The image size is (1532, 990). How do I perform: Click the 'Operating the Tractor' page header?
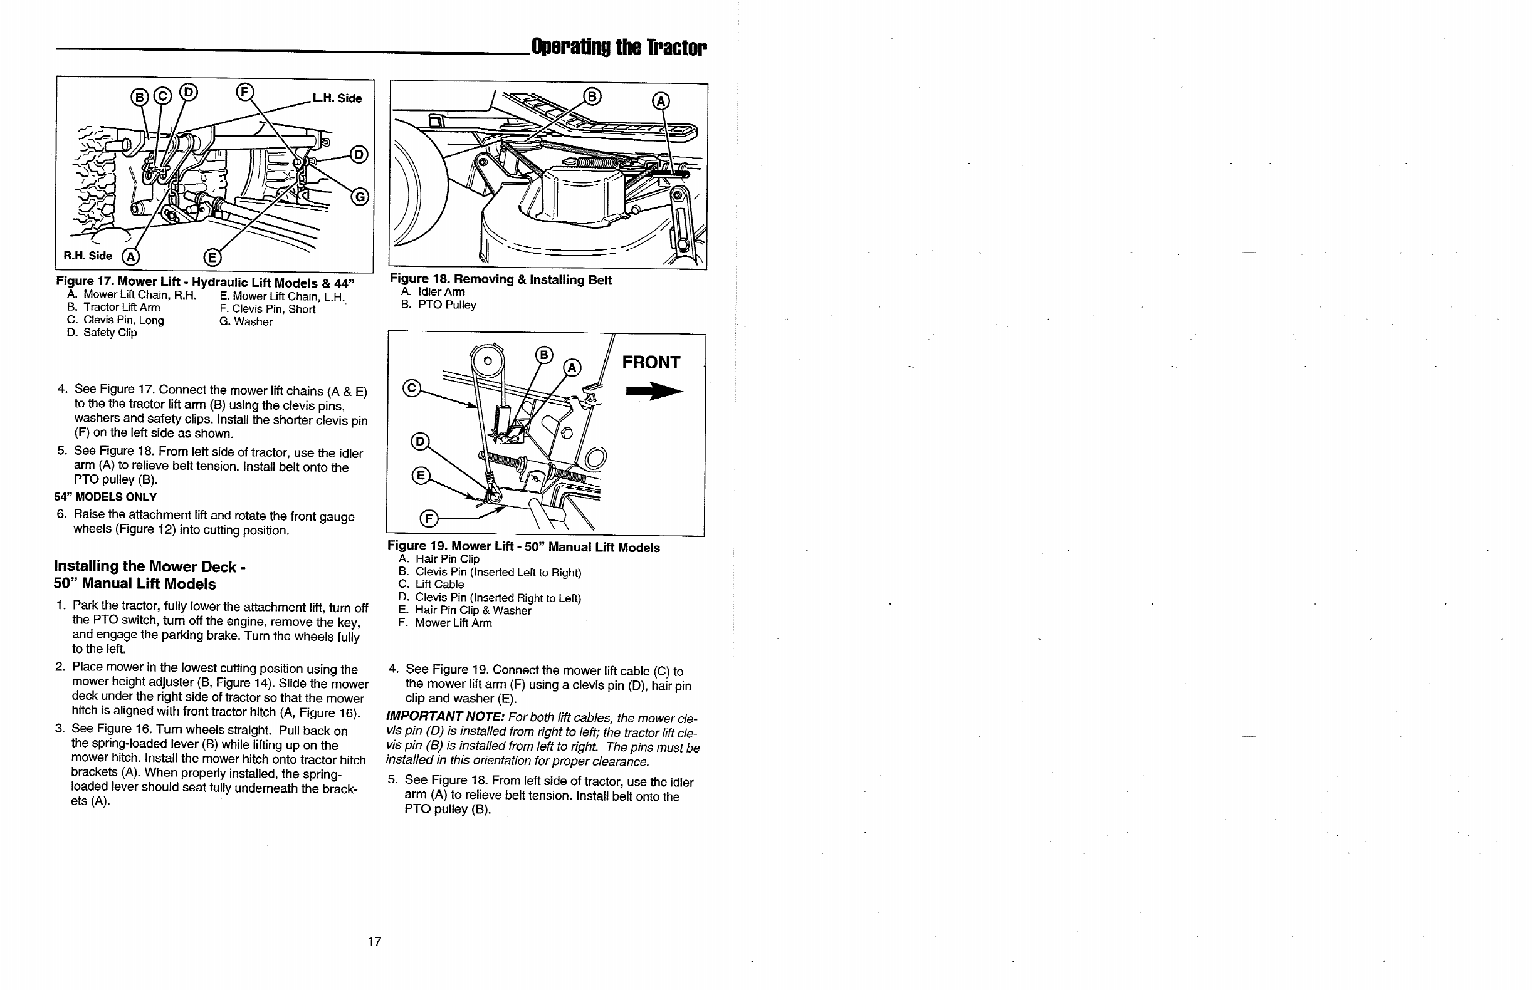pos(619,47)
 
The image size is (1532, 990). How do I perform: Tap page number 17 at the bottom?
pos(374,941)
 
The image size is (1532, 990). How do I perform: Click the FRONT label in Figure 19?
pos(651,363)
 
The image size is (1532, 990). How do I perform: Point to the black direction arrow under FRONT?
pos(654,392)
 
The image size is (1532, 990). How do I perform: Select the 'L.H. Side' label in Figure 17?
pos(337,98)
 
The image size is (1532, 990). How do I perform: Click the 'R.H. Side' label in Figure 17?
pos(88,256)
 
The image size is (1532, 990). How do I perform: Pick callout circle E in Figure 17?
pos(212,258)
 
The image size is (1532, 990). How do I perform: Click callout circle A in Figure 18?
pos(661,102)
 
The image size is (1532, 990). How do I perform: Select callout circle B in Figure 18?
pos(592,96)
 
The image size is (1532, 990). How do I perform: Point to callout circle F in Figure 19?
pos(429,519)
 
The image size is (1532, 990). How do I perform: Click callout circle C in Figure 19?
pos(412,388)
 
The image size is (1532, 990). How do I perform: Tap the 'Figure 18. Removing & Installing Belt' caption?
pos(500,279)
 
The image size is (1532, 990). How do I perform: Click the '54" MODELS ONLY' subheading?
pos(105,497)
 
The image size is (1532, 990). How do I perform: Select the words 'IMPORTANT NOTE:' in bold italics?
pos(445,716)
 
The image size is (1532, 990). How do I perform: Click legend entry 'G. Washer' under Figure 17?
pos(246,321)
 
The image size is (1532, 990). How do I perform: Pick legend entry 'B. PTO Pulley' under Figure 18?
pos(439,305)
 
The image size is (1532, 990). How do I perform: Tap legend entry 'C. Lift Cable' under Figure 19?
pos(431,585)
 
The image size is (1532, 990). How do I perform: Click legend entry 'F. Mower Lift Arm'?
pos(445,623)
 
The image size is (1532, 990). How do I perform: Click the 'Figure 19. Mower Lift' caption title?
pos(523,547)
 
